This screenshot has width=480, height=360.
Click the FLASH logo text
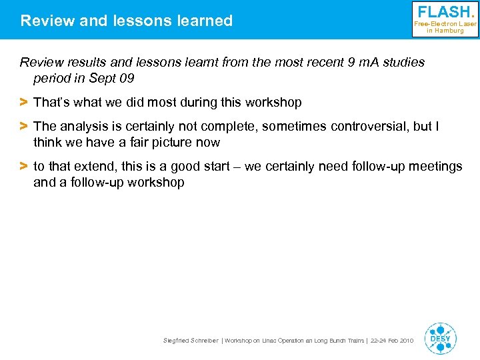pos(445,12)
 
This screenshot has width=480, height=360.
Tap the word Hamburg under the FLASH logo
pos(449,31)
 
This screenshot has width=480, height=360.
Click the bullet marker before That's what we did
pos(23,103)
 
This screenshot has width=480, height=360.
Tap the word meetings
pos(433,167)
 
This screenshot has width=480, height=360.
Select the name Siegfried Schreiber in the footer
pos(191,341)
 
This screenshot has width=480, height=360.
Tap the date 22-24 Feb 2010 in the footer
pos(392,341)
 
